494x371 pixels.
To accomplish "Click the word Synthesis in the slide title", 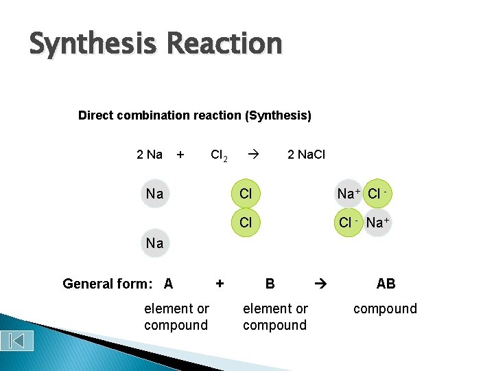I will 93,45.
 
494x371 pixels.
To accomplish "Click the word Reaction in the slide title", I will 224,43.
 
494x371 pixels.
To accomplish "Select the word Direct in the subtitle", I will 96,115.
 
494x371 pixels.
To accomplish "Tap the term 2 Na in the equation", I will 150,155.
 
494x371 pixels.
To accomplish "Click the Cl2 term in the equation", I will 219,155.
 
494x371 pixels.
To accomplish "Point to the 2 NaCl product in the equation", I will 306,155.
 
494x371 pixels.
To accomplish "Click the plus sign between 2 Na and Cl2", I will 180,155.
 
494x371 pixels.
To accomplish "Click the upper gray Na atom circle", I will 155,194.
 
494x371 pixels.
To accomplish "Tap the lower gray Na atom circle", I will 155,243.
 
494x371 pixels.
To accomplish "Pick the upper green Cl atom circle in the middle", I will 246,194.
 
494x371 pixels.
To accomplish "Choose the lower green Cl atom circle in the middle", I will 246,223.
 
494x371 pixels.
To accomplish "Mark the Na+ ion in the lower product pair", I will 377,223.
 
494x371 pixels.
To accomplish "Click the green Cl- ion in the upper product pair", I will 377,194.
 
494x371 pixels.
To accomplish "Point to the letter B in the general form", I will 270,284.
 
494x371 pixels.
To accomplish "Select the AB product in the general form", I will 386,284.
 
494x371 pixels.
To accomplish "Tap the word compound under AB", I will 385,308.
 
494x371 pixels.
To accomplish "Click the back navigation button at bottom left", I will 17,339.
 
